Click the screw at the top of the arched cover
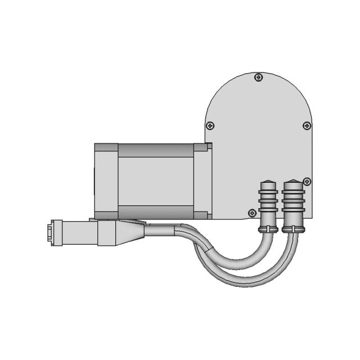pos(258,77)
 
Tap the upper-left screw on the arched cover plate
pos(209,125)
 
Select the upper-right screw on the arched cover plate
pos(306,125)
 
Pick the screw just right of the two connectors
pos(307,181)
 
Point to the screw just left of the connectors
pos(251,213)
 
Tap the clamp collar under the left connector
pos(267,228)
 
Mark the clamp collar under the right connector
pos(293,228)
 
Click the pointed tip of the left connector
pos(267,183)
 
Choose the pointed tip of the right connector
pos(293,183)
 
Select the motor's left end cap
pos(106,180)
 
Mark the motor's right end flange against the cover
pos(203,180)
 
